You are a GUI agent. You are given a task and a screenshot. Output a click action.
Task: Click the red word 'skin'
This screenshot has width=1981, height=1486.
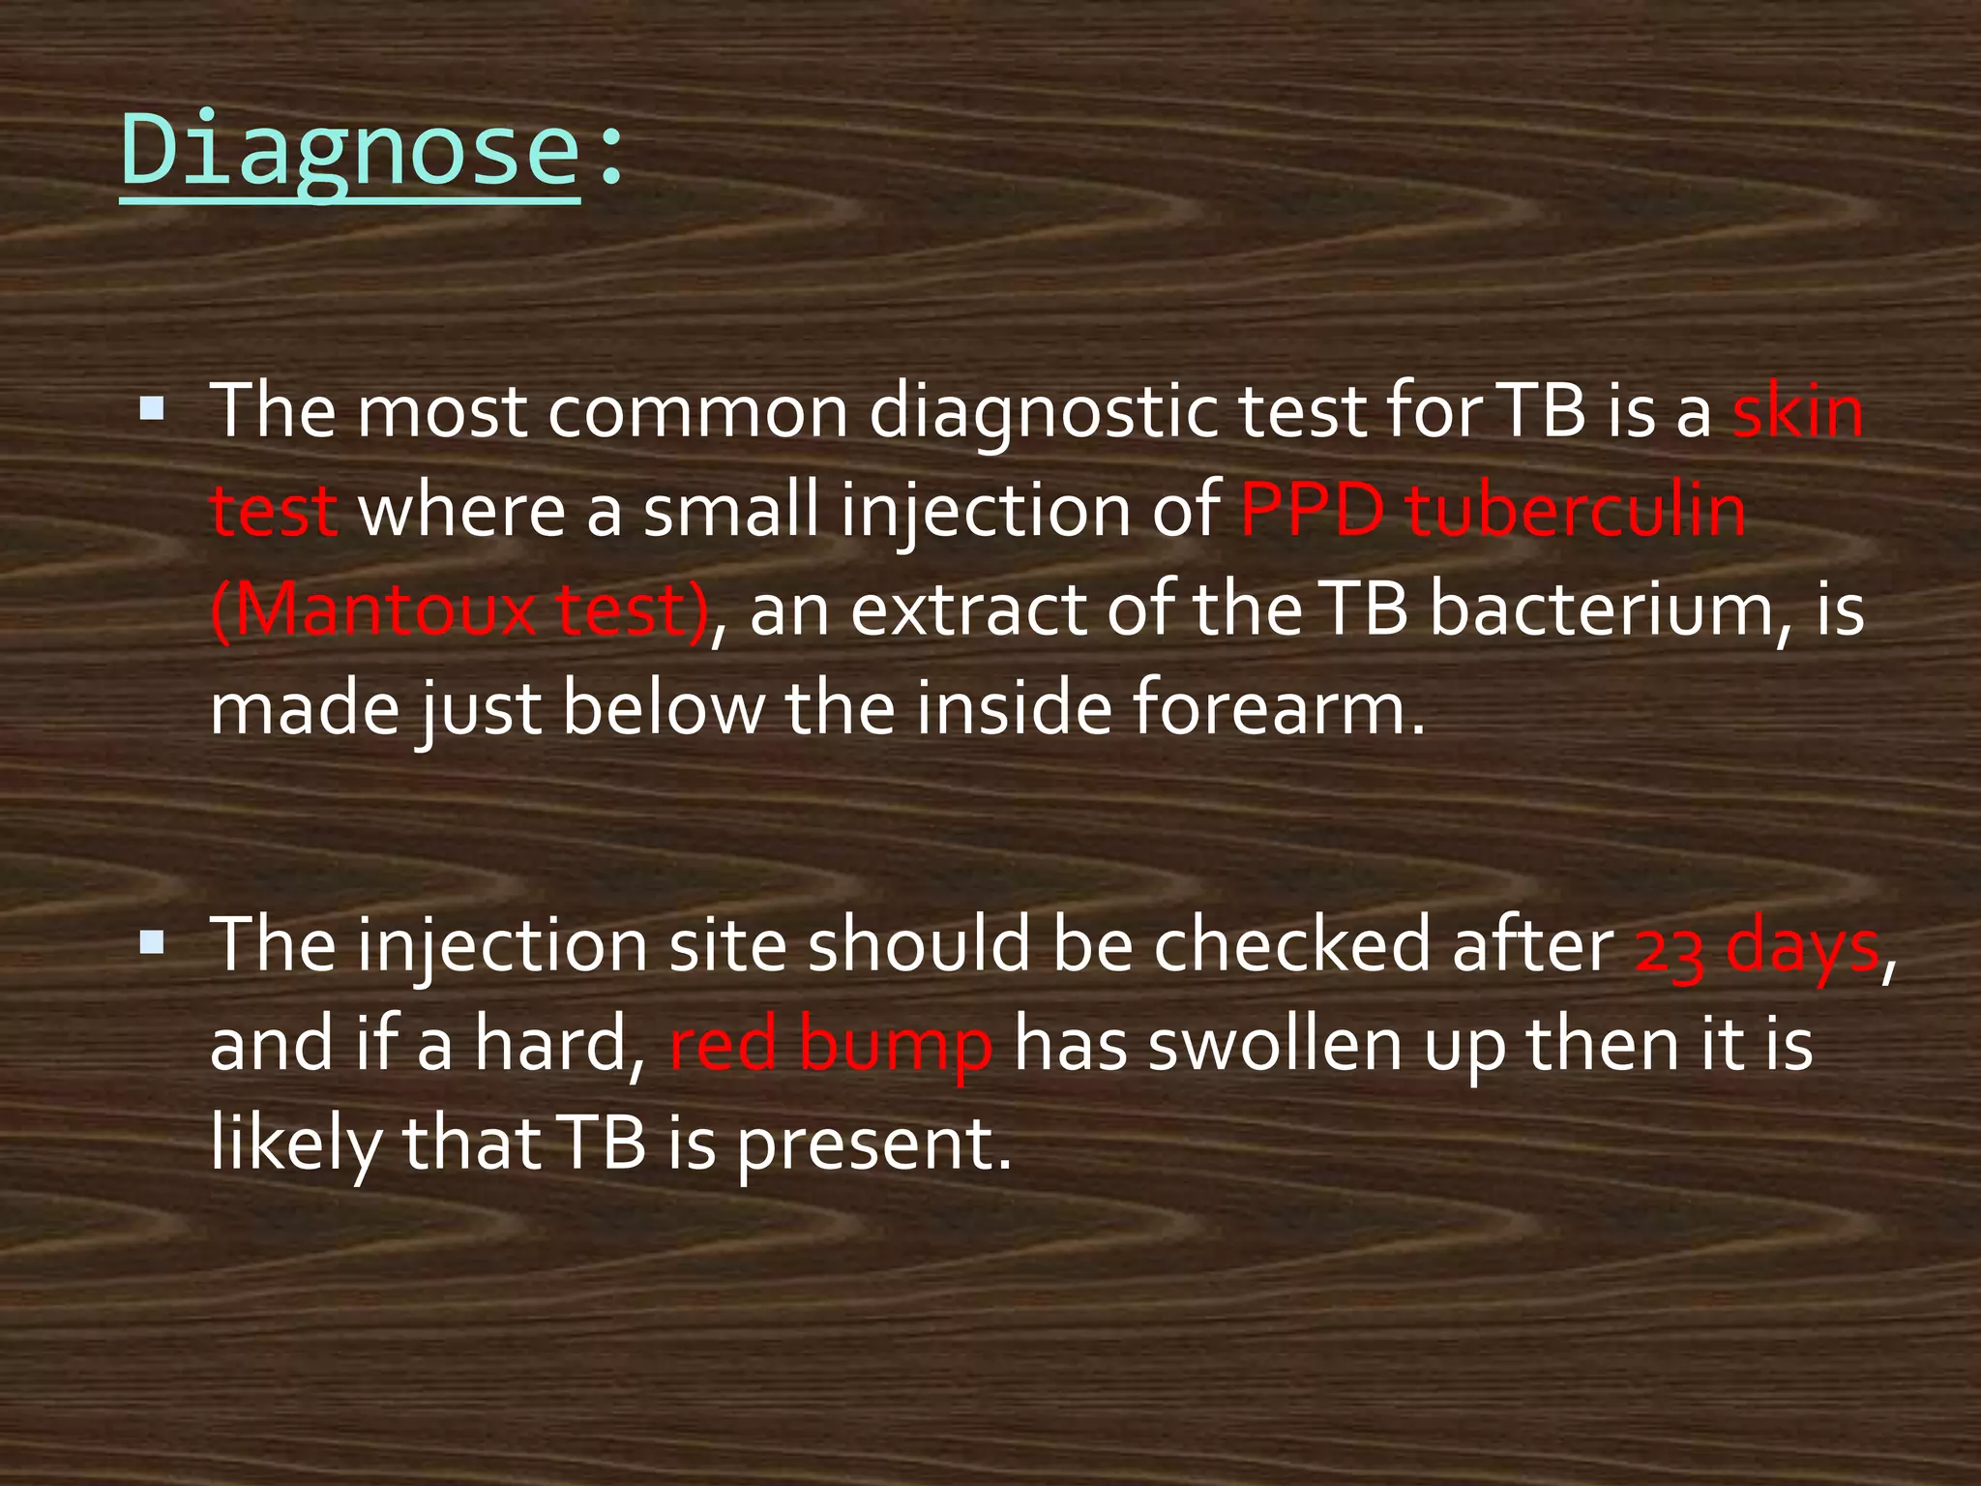1797,412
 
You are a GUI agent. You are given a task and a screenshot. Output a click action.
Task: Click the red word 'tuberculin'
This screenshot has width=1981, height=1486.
1576,511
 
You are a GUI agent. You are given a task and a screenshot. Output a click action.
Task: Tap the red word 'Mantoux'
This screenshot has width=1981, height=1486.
373,611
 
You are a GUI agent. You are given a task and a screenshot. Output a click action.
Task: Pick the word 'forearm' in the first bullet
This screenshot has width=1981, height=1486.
1267,708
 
